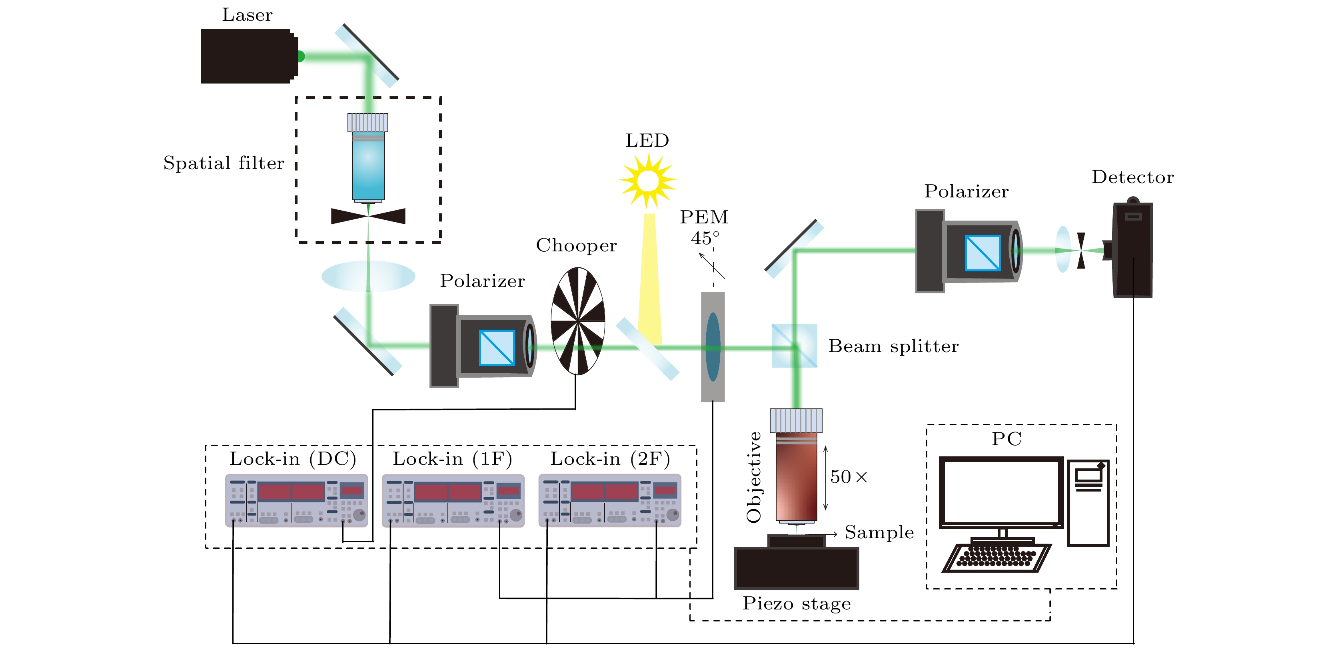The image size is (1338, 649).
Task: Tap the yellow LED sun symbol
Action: click(x=647, y=181)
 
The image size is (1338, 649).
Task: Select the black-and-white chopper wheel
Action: click(x=577, y=321)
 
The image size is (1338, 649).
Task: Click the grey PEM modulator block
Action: click(x=713, y=347)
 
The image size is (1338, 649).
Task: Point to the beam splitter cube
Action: click(x=794, y=346)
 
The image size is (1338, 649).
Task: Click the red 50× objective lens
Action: click(x=796, y=475)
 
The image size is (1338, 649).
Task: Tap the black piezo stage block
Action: click(x=796, y=568)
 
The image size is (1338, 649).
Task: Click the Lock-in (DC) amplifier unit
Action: click(x=296, y=500)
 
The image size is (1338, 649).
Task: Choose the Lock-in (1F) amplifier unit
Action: click(x=453, y=500)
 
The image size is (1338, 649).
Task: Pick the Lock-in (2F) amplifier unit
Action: click(x=610, y=500)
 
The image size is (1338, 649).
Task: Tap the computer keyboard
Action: click(x=996, y=557)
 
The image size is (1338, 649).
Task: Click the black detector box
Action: click(x=1132, y=250)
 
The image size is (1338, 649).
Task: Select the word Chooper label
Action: click(x=576, y=245)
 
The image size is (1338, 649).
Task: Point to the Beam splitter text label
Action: click(x=893, y=346)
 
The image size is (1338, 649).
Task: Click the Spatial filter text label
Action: click(x=224, y=163)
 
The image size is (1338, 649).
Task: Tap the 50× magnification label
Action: click(x=848, y=477)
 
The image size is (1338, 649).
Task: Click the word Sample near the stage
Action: click(x=879, y=533)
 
